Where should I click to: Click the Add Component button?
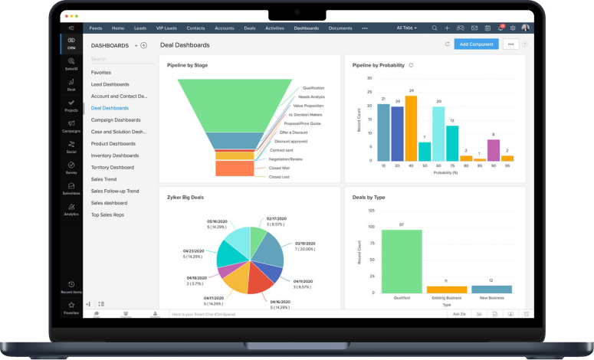pos(476,44)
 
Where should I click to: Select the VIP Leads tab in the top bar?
pos(166,28)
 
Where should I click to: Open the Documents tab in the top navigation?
pos(340,28)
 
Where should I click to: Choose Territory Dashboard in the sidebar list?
pos(112,167)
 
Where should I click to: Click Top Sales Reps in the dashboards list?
pos(107,214)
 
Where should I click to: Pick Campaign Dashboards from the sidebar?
pos(115,119)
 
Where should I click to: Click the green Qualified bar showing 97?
pos(401,261)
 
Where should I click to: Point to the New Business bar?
pos(491,289)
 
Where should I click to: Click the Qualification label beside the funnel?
pos(313,88)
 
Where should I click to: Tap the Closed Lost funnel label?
pos(279,177)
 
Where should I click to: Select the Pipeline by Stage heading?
pos(187,65)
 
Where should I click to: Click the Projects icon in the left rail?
pos(71,105)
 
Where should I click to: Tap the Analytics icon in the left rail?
pos(71,208)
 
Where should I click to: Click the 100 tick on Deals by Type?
pos(371,227)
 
